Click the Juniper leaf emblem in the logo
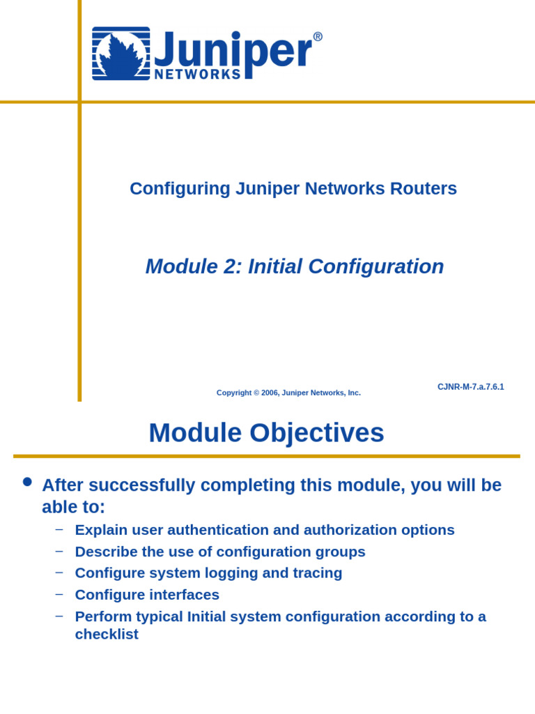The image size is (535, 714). coord(121,54)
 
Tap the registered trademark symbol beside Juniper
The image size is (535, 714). coord(318,37)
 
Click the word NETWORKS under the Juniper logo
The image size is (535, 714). coord(197,75)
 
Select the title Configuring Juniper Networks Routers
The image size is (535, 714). coord(293,189)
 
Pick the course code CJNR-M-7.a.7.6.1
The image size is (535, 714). coord(470,387)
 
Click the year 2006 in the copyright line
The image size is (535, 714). coord(269,393)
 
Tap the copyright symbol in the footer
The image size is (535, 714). coord(255,393)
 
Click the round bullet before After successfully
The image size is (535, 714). coord(27,482)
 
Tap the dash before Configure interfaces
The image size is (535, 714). coord(59,594)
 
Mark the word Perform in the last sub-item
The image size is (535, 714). coord(100,616)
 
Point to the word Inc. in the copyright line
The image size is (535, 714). coord(353,393)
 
